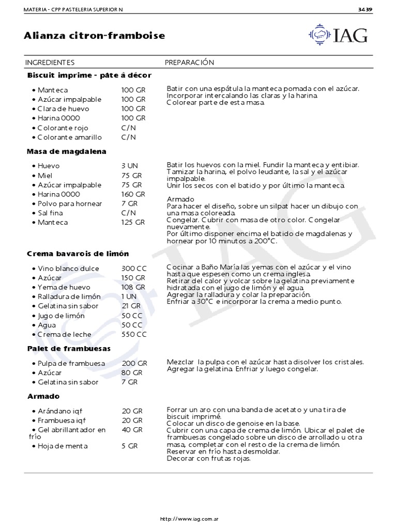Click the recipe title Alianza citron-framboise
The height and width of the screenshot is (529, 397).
(x=95, y=36)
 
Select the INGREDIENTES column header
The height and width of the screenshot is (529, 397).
(x=50, y=63)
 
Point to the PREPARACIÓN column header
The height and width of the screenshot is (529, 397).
(x=189, y=63)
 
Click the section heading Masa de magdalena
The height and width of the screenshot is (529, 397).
(x=67, y=151)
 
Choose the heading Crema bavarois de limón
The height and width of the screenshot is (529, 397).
(x=78, y=254)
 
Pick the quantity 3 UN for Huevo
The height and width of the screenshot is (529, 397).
(x=130, y=166)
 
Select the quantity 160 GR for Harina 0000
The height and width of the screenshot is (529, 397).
(x=133, y=194)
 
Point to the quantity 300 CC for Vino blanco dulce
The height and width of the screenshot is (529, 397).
(x=134, y=269)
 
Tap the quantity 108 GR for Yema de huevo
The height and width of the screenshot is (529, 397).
(x=134, y=287)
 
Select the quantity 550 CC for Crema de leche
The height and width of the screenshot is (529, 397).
(x=134, y=334)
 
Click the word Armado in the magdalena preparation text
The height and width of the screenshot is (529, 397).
(x=180, y=199)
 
